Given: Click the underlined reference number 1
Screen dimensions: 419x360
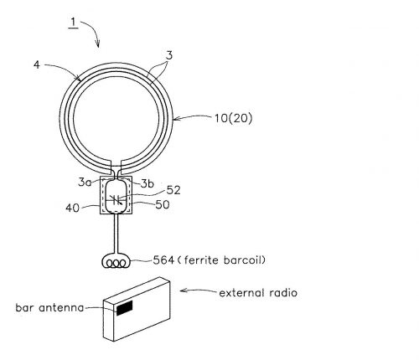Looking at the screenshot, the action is coord(74,23).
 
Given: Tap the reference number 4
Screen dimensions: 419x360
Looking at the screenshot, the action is coord(37,65).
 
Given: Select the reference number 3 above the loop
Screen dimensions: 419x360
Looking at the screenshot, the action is coord(169,55).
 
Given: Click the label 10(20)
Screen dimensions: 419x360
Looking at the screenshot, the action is coord(233,118).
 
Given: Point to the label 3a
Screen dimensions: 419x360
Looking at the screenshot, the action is coord(85,183).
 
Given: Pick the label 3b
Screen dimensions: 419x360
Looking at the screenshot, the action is coord(147,183).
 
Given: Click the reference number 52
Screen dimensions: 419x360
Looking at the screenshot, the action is coord(173,190).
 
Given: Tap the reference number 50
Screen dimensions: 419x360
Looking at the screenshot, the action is coord(163,204).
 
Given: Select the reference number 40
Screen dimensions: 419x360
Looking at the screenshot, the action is coord(73,208).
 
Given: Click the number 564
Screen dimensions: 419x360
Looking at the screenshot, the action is coord(163,260).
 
